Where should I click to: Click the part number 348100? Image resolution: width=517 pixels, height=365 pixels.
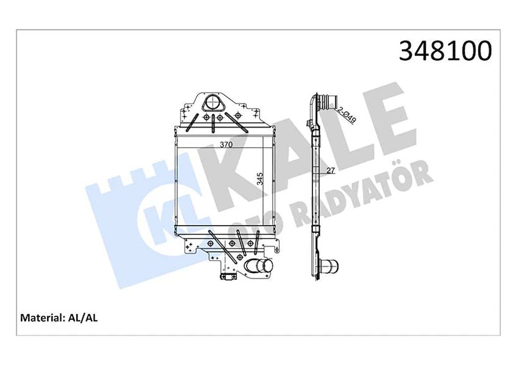click(445, 51)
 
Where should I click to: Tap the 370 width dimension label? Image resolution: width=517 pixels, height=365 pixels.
click(226, 144)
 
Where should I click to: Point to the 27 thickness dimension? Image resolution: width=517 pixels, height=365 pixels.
click(330, 171)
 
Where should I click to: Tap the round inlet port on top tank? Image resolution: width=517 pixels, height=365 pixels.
click(212, 103)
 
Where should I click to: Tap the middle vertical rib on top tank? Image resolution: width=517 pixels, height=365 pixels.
click(213, 122)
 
